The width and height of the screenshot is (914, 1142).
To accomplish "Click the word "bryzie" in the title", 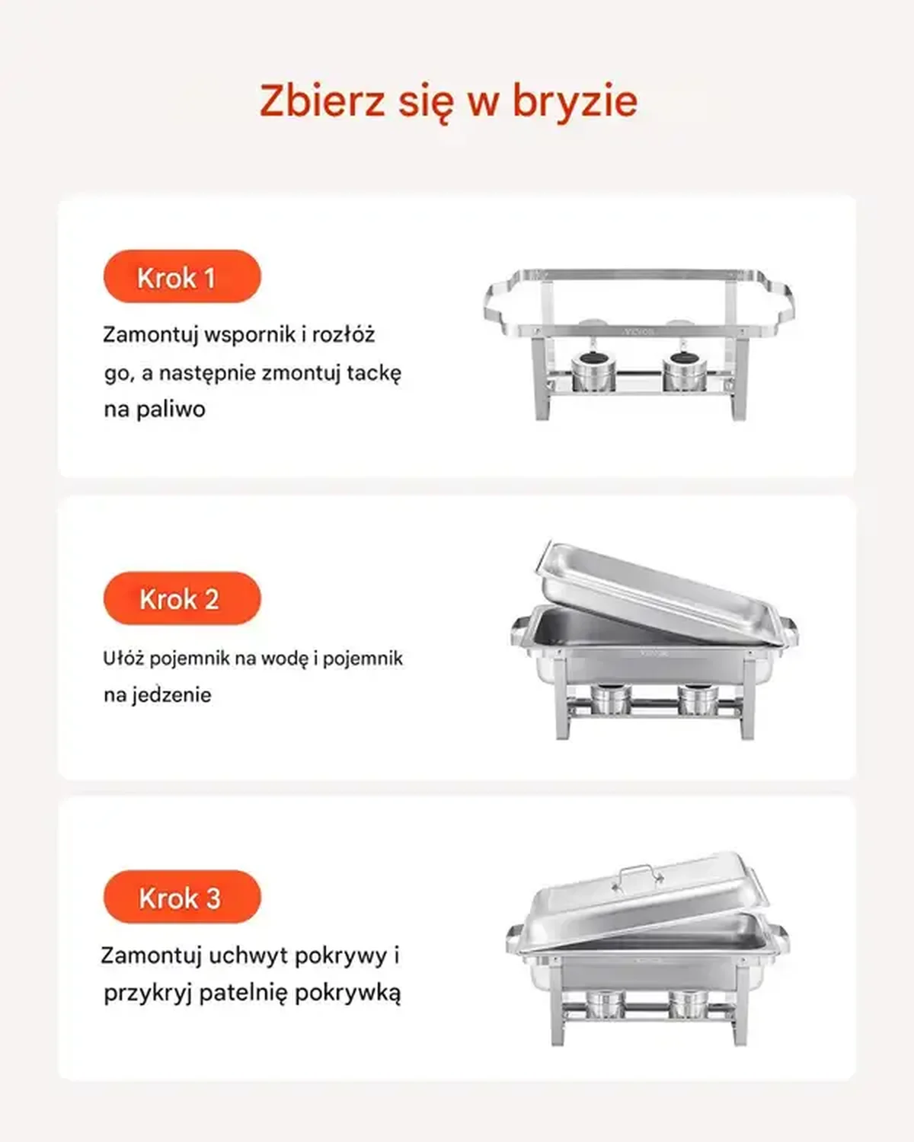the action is [x=574, y=101].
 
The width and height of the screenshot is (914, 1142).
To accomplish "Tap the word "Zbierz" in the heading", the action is [x=322, y=100].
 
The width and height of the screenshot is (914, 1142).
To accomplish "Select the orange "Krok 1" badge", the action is [x=182, y=276].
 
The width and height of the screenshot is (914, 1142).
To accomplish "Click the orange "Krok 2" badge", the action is [x=182, y=598].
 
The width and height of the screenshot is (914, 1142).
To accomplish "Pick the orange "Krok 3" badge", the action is [x=182, y=896].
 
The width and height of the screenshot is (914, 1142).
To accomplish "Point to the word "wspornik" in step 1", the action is [x=250, y=336].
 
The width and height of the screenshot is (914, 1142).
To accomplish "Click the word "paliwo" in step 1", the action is [x=171, y=410].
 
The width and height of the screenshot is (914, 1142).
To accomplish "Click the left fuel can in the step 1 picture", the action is [x=593, y=371].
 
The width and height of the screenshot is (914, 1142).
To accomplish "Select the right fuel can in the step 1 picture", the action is [x=685, y=371].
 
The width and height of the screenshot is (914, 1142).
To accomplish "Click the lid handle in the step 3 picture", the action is [x=638, y=877].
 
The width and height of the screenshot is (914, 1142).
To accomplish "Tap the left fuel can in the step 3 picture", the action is [x=605, y=1005].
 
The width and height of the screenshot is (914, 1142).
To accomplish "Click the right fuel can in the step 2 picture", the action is [x=698, y=699].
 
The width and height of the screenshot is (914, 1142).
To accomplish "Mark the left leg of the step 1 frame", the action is [x=542, y=379].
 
